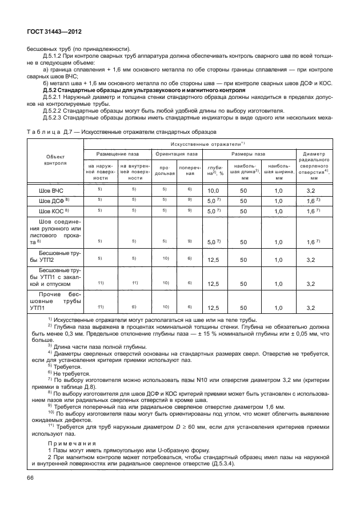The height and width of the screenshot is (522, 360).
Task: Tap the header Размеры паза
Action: [x=247, y=154]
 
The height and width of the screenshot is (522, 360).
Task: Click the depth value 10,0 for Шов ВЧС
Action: [x=214, y=189]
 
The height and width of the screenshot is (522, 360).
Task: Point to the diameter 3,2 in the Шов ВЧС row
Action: [x=311, y=189]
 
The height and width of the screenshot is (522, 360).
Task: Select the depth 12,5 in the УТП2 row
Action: [x=214, y=260]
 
